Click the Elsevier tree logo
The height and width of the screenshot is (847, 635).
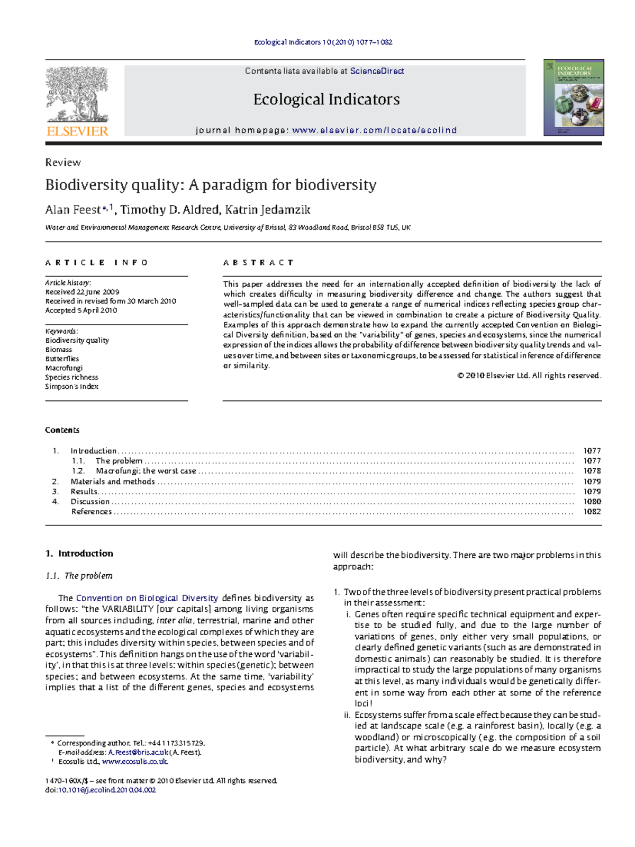(77, 95)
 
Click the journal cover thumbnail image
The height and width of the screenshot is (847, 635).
(574, 97)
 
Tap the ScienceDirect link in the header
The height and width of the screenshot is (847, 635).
(377, 71)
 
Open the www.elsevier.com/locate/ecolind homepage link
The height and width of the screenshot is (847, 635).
(374, 130)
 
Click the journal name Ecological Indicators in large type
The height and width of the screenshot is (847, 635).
(326, 100)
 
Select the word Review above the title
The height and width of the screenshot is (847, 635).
(63, 163)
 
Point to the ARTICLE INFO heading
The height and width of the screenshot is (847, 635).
(96, 263)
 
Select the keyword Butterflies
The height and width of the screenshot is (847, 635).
(62, 359)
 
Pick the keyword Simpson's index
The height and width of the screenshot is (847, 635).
(71, 387)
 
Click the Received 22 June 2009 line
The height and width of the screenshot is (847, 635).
(82, 292)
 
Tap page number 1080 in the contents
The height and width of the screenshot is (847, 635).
(592, 502)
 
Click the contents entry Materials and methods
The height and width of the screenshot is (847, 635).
(113, 482)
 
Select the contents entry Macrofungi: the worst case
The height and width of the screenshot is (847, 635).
(146, 471)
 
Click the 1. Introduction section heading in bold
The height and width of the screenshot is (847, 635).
(79, 554)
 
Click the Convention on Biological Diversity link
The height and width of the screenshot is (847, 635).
(147, 598)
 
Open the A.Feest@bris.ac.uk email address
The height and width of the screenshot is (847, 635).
(138, 752)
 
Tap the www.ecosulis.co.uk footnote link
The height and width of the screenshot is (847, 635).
(135, 762)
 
